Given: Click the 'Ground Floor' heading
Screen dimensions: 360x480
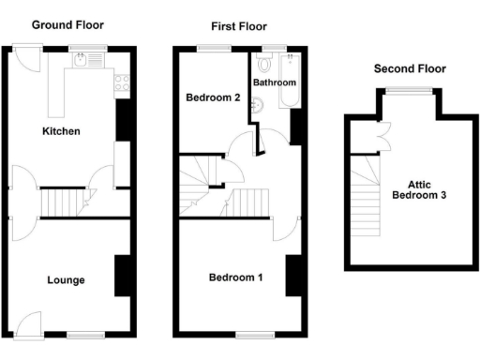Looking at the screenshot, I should click(x=67, y=25).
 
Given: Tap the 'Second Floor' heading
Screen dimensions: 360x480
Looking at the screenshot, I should click(x=410, y=68).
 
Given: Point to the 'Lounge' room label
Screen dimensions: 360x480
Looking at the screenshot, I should click(x=66, y=279).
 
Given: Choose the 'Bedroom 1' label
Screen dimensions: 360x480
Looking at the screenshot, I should click(x=235, y=277).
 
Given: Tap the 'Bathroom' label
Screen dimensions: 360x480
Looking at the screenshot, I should click(x=275, y=82).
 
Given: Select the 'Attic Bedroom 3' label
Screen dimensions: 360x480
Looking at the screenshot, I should click(x=418, y=191).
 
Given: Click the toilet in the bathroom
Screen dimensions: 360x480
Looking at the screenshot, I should click(x=263, y=65).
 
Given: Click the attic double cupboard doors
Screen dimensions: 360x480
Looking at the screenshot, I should click(x=381, y=136).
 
